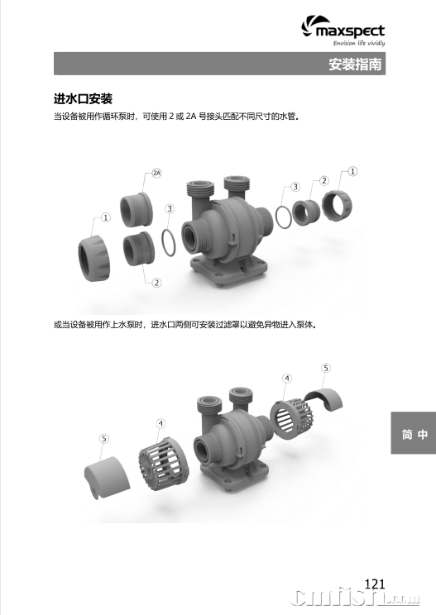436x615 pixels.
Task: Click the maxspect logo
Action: [x=343, y=31]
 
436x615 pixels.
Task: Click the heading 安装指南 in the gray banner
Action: [x=355, y=64]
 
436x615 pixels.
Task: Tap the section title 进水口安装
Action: [x=83, y=98]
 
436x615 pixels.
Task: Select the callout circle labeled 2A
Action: [x=156, y=173]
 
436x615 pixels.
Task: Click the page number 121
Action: [x=375, y=584]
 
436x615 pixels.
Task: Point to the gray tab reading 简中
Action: [x=413, y=433]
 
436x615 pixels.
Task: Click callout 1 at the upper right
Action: [x=352, y=171]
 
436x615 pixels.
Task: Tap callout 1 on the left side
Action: [x=106, y=217]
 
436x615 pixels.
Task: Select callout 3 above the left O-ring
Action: [x=170, y=208]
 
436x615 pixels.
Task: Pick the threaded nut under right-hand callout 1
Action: [x=337, y=205]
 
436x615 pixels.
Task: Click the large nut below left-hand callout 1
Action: [x=94, y=259]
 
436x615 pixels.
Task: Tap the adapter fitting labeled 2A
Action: [x=137, y=209]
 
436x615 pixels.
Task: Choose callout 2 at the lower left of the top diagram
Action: [x=156, y=283]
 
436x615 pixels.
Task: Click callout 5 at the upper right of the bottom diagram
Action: [x=326, y=368]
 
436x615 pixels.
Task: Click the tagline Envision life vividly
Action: [x=359, y=43]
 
